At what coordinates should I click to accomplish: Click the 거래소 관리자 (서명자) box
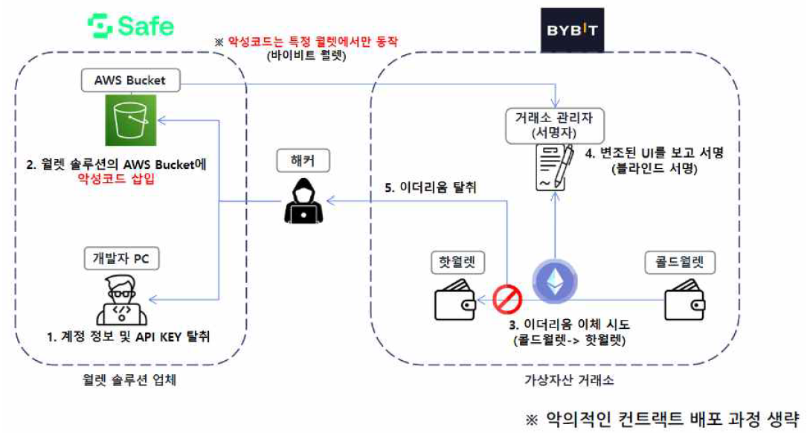point(554,127)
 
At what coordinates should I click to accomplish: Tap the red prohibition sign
point(508,300)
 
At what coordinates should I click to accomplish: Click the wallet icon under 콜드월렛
point(684,301)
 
